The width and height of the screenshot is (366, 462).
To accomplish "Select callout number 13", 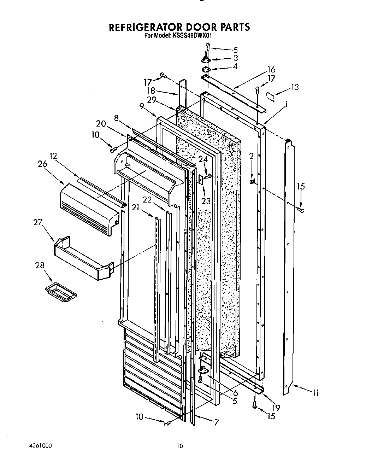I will [295, 87].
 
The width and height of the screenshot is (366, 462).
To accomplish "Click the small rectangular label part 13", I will [270, 95].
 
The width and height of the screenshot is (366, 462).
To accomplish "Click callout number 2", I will [252, 157].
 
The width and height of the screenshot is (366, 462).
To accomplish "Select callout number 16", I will [271, 70].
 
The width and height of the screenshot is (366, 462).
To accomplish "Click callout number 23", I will [206, 201].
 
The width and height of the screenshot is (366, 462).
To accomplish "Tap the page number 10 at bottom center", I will [180, 446].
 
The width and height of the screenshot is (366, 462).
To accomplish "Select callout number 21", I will [135, 207].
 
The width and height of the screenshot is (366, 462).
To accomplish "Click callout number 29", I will [152, 100].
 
